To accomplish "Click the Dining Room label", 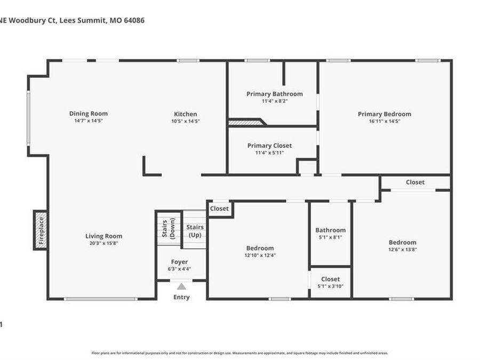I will tap(89, 114).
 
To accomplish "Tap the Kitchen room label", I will tap(186, 114).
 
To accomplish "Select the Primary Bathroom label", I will tap(275, 94).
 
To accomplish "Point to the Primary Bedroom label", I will tap(385, 114).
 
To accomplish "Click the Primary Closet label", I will tap(270, 146).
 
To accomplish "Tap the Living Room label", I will tap(104, 236).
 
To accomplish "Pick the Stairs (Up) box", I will tap(195, 230).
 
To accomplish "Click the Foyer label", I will tap(179, 262).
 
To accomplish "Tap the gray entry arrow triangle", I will tap(182, 286).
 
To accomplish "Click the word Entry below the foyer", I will tap(181, 297).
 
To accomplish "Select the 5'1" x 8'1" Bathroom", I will tap(331, 233).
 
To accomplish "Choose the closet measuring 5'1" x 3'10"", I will tap(331, 282).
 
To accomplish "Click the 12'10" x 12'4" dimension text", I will tap(260, 255).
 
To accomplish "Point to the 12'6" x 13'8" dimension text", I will tap(403, 249).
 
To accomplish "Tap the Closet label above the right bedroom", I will tap(415, 182).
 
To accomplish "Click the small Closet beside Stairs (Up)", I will tap(219, 209).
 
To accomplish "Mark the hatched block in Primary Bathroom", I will tap(244, 123).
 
